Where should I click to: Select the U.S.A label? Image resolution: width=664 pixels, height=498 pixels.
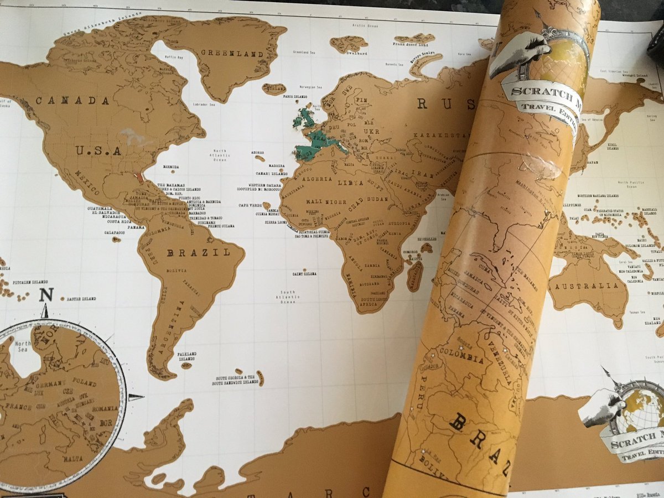click(x=98, y=151)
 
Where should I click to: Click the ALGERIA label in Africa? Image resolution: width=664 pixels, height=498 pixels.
click(x=316, y=180)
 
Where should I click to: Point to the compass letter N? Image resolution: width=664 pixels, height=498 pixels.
click(x=45, y=295)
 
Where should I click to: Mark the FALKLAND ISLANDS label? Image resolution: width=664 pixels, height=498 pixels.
click(x=186, y=356)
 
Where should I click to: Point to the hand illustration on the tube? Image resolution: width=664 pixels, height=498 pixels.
click(x=517, y=53)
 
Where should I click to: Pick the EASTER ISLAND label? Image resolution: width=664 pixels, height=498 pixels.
click(x=81, y=299)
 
